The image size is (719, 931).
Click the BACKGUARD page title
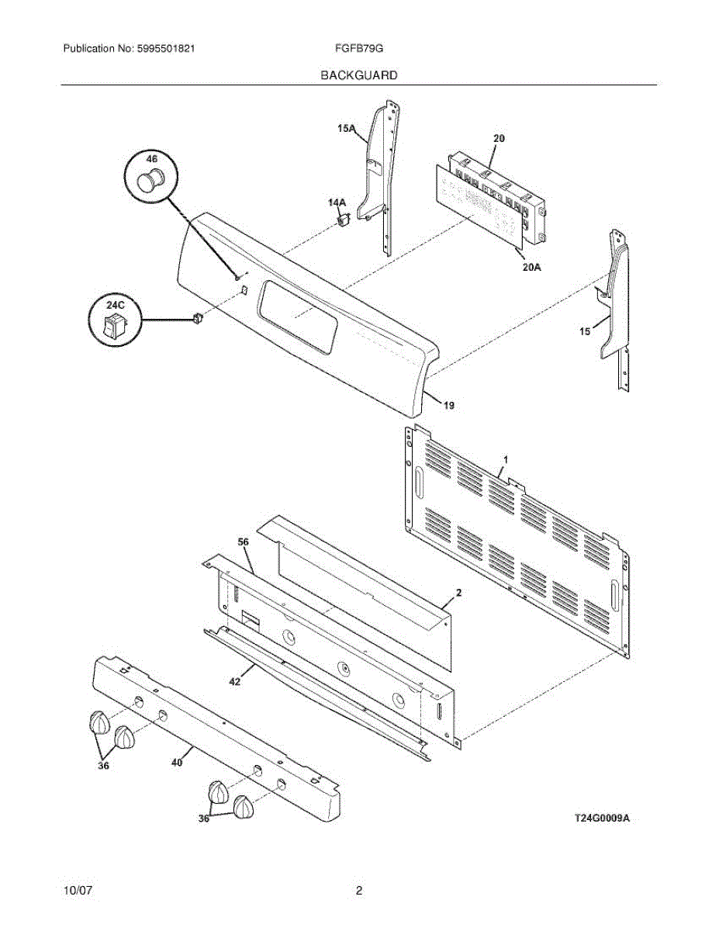coord(359,75)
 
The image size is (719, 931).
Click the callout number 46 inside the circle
coord(151,159)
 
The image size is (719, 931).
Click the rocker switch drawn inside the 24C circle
coord(115,324)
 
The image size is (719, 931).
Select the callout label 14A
coord(337,203)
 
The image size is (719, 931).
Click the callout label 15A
coord(346,130)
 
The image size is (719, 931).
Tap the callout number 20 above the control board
coord(499,138)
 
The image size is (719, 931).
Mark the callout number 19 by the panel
coord(450,405)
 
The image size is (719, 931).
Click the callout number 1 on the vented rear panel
coord(505,460)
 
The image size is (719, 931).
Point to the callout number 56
coord(243,542)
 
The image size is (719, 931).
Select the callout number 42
coord(235,682)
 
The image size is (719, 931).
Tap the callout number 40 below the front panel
coord(177,763)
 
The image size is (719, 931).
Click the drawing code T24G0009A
coord(601,818)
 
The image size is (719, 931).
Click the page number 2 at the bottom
coord(359,891)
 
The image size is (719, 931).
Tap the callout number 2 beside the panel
coord(458,592)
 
